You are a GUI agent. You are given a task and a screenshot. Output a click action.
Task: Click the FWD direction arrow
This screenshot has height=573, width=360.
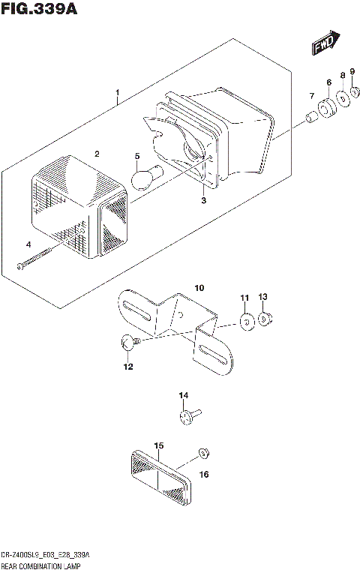tap(326, 43)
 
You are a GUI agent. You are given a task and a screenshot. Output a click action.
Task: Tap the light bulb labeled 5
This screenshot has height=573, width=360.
tap(142, 178)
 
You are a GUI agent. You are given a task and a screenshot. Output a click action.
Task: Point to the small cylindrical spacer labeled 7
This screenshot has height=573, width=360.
tap(309, 118)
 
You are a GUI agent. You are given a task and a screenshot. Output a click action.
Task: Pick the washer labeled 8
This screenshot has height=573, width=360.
tap(343, 99)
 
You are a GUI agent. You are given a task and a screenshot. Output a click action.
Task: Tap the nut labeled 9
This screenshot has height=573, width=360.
tap(354, 94)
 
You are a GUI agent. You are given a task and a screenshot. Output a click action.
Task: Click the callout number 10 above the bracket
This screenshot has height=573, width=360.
tap(199, 288)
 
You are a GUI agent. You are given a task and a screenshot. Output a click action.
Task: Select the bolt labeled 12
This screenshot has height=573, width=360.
tap(127, 343)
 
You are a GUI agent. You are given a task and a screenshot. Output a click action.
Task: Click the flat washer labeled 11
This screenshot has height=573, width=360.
tap(246, 322)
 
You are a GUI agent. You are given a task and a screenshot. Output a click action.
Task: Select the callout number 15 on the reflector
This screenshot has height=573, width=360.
tap(159, 445)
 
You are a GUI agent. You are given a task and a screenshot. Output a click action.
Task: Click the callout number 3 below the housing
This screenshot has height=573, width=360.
tap(203, 200)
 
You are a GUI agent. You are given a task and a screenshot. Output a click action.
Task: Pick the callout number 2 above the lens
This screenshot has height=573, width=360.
tap(97, 153)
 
